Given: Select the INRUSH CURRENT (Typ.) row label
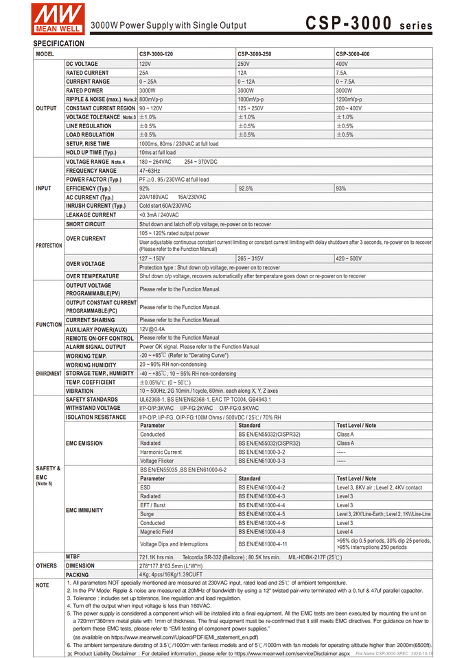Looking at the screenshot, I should coord(95,206).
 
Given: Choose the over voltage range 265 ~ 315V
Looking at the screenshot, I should coord(254,258).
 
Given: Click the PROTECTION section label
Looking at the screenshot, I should coord(49,245).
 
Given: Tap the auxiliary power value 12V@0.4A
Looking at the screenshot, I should coord(152,329).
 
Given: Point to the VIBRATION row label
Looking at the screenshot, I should coord(80,391).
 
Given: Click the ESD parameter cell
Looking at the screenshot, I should coord(145,487).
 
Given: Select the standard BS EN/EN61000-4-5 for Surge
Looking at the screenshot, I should coord(261,514).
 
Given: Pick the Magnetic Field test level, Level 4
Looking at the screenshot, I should coord(345,532).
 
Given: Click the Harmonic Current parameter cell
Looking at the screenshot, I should coord(161,452).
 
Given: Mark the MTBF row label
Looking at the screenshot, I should coord(73,557).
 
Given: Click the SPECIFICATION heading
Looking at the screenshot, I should coord(59,43).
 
